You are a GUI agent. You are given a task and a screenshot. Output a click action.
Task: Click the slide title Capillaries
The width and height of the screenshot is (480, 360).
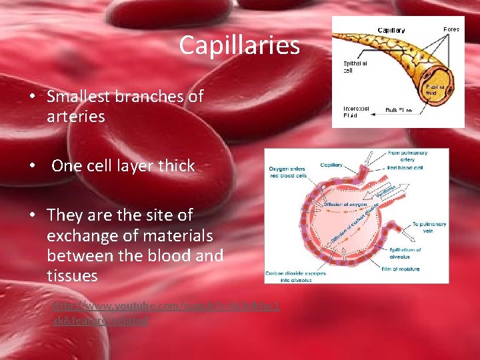coord(239,46)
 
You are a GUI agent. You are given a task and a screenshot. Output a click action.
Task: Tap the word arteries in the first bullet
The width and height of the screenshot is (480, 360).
coord(76,117)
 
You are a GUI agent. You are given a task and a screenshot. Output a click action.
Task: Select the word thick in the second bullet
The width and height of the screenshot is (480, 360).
coord(176,166)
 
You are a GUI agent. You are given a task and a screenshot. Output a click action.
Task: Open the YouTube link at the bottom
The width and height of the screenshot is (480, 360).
coord(167,313)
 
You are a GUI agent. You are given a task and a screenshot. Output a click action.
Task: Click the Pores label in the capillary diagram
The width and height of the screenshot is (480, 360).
coord(451,30)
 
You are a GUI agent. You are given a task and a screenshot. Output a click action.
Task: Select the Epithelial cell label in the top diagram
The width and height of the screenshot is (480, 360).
coord(356,66)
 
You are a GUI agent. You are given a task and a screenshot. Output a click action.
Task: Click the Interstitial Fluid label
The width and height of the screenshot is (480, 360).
coord(356,111)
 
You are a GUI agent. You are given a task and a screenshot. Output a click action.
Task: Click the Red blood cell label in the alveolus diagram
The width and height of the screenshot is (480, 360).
coord(408,168)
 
